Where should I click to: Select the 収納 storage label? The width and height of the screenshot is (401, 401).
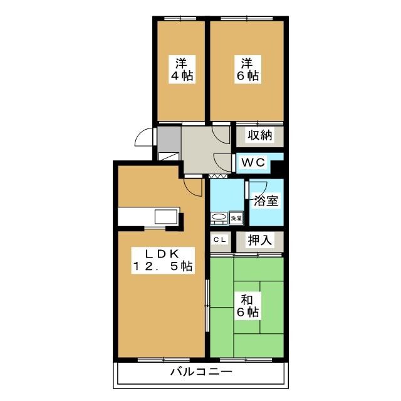click(x=259, y=135)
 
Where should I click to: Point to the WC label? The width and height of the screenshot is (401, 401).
click(x=254, y=162)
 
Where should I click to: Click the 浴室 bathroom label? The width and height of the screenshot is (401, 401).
click(x=266, y=202)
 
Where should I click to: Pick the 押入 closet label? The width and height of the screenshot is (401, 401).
click(x=259, y=240)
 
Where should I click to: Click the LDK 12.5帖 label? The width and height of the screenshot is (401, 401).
click(x=161, y=260)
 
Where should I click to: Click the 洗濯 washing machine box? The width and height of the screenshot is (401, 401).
click(x=236, y=218)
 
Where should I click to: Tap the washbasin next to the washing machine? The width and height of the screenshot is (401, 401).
click(x=219, y=218)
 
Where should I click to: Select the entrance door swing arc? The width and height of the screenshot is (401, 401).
click(x=145, y=137)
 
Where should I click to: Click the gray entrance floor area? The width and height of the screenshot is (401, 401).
click(x=169, y=137)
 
